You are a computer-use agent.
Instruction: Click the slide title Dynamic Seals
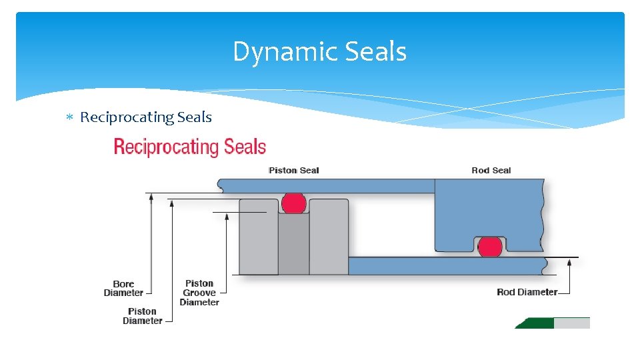click(x=319, y=52)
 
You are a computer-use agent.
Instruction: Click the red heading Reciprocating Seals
click(x=190, y=147)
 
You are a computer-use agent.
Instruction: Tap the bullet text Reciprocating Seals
click(x=146, y=117)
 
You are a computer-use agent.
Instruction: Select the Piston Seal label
click(x=293, y=171)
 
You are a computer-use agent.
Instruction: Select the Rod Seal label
click(x=491, y=171)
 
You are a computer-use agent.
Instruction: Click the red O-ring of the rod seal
click(x=490, y=247)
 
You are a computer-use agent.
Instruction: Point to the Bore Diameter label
click(x=123, y=289)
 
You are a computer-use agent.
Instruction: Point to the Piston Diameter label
click(x=143, y=316)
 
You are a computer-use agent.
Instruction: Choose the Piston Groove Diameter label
click(x=199, y=293)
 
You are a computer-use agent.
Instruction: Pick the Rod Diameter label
click(x=527, y=292)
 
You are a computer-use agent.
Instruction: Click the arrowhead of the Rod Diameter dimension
click(x=571, y=262)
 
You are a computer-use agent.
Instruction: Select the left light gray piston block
click(x=259, y=237)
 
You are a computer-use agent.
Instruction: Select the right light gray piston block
click(x=329, y=237)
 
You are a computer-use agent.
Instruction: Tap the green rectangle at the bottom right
click(x=535, y=323)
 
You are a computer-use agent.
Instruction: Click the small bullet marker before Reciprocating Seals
click(x=69, y=118)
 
